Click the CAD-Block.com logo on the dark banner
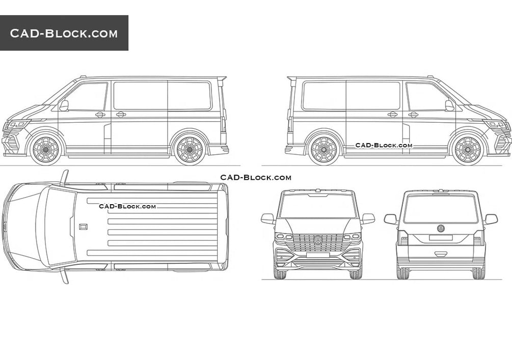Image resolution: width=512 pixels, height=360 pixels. pyautogui.click(x=64, y=34)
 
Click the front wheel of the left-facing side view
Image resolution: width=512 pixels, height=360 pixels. pyautogui.click(x=46, y=150)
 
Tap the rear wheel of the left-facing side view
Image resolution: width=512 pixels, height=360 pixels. pyautogui.click(x=190, y=150)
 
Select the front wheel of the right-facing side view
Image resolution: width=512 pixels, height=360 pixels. pyautogui.click(x=467, y=150)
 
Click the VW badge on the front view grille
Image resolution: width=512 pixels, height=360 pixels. pyautogui.click(x=318, y=240)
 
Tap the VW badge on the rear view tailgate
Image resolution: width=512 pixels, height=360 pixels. pyautogui.click(x=441, y=229)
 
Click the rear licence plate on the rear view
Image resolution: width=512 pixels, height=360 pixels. pyautogui.click(x=441, y=238)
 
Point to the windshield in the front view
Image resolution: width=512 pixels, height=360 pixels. pyautogui.click(x=318, y=206)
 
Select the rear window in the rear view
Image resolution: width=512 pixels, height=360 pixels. pyautogui.click(x=441, y=209)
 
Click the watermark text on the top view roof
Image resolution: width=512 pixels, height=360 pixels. pyautogui.click(x=127, y=206)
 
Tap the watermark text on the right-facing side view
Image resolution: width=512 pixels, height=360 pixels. pyautogui.click(x=384, y=145)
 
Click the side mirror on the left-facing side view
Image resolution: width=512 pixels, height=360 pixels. pyautogui.click(x=64, y=105)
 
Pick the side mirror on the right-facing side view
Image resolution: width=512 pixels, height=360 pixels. pyautogui.click(x=449, y=105)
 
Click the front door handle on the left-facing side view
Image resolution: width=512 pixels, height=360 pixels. pyautogui.click(x=100, y=115)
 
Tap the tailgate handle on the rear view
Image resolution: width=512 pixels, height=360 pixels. pyautogui.click(x=441, y=254)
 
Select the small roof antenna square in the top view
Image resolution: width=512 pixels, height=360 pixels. pyautogui.click(x=83, y=227)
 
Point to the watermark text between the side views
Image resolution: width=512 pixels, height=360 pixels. pyautogui.click(x=256, y=178)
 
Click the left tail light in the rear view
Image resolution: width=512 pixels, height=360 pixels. pyautogui.click(x=402, y=238)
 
